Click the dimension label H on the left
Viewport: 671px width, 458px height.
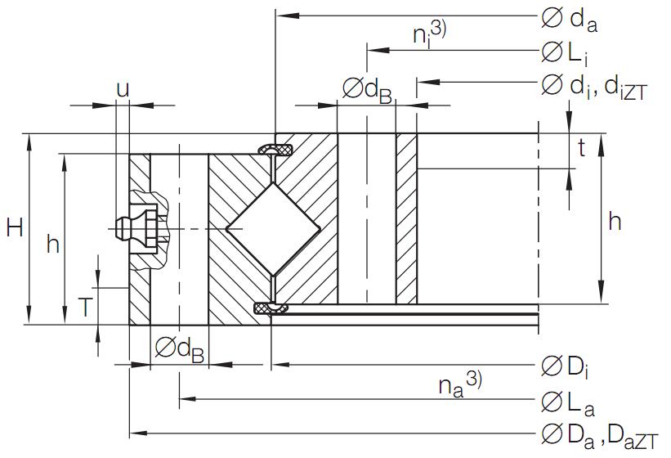pyautogui.click(x=14, y=229)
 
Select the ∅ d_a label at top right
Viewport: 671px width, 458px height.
pyautogui.click(x=570, y=19)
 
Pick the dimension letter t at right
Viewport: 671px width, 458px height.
pyautogui.click(x=581, y=148)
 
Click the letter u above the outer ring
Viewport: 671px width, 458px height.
pyautogui.click(x=122, y=89)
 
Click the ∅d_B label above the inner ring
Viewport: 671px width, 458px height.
pyautogui.click(x=367, y=91)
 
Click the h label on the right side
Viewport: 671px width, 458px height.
pyautogui.click(x=615, y=221)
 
